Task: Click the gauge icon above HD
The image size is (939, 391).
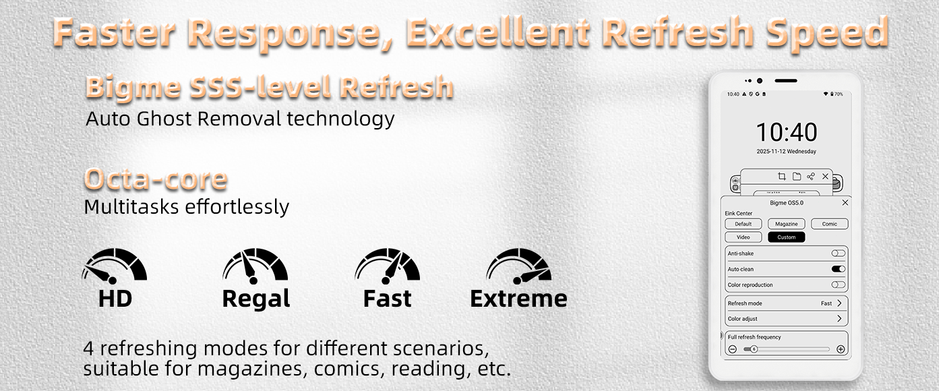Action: tap(115, 266)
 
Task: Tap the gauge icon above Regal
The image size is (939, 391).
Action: tap(255, 266)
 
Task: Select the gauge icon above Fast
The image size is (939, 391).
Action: tap(388, 266)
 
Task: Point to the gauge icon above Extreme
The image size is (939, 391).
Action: tap(519, 266)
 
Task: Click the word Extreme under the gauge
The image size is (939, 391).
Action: tap(518, 299)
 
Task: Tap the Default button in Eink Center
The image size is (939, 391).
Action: tap(744, 224)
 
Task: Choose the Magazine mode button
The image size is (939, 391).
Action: tap(787, 224)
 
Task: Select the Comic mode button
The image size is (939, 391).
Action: tap(830, 224)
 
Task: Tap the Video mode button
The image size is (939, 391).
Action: tap(744, 237)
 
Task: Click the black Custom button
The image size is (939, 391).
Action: tap(787, 237)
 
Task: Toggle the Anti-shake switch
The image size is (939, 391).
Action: tap(839, 253)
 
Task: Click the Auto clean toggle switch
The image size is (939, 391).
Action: tap(839, 269)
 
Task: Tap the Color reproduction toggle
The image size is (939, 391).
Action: tap(839, 285)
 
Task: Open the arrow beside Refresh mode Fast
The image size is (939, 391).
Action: tap(839, 303)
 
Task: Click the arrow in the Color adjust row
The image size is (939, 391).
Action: tap(839, 318)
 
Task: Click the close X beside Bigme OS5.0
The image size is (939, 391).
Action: tap(845, 202)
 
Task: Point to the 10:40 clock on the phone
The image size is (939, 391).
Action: tap(787, 132)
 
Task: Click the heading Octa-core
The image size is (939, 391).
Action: tap(156, 179)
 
